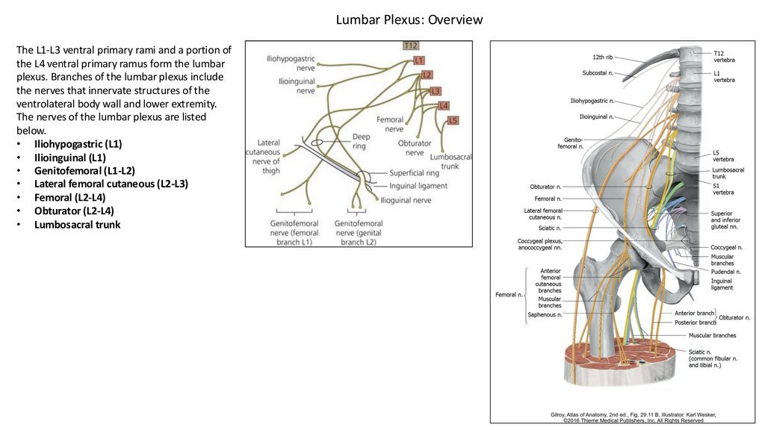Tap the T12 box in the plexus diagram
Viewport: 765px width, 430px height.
pos(410,46)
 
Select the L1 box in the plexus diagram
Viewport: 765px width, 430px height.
pos(418,60)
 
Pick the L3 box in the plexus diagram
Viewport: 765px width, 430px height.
pos(435,91)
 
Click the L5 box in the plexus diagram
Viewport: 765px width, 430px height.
pos(453,120)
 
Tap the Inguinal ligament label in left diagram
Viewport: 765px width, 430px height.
pos(418,186)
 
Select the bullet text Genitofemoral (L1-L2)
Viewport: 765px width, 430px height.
pos(84,170)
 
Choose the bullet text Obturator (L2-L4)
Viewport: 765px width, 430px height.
pos(74,211)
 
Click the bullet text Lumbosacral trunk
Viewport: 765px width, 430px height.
pos(77,224)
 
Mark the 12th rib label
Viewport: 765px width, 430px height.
pos(603,57)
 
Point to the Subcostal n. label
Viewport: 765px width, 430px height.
pos(598,73)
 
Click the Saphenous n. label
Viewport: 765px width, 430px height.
pos(544,315)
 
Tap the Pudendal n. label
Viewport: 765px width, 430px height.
pos(725,272)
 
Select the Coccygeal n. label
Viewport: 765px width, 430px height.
pos(726,247)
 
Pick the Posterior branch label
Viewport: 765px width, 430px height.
pos(696,322)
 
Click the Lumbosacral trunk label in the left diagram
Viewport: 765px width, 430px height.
pos(451,161)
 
